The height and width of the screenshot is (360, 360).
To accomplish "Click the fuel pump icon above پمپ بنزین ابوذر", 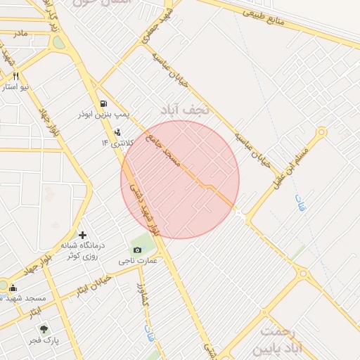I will (104, 103).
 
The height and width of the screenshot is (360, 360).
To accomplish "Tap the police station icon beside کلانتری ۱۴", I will (117, 131).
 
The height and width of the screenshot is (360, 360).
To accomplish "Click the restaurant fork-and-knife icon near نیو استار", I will (15, 76).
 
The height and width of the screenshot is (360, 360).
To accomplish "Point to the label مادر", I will (20, 34).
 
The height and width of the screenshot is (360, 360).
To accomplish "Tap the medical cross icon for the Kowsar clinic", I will (83, 235).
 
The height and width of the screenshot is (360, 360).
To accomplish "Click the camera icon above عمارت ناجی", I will (137, 250).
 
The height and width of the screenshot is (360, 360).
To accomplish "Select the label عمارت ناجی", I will (137, 261).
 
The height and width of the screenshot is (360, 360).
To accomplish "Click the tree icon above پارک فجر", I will (44, 329).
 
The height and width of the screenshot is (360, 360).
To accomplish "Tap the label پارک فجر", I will (44, 340).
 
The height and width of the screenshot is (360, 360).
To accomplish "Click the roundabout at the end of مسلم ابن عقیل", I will (321, 131).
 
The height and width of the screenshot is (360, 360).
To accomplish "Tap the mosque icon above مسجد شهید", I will (13, 287).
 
